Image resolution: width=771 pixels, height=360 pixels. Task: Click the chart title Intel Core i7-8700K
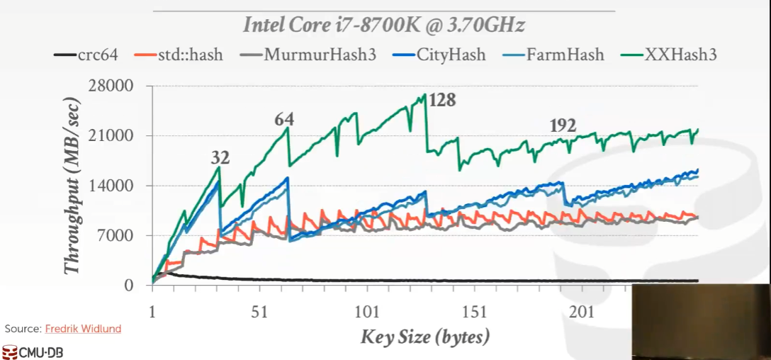(383, 26)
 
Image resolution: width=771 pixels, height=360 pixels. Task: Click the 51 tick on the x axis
(259, 313)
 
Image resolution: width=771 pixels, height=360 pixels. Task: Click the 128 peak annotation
(441, 100)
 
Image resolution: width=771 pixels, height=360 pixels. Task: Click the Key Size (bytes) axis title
(424, 336)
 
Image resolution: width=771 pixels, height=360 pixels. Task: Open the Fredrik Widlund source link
(83, 329)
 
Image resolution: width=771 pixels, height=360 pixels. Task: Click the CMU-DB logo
(32, 351)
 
